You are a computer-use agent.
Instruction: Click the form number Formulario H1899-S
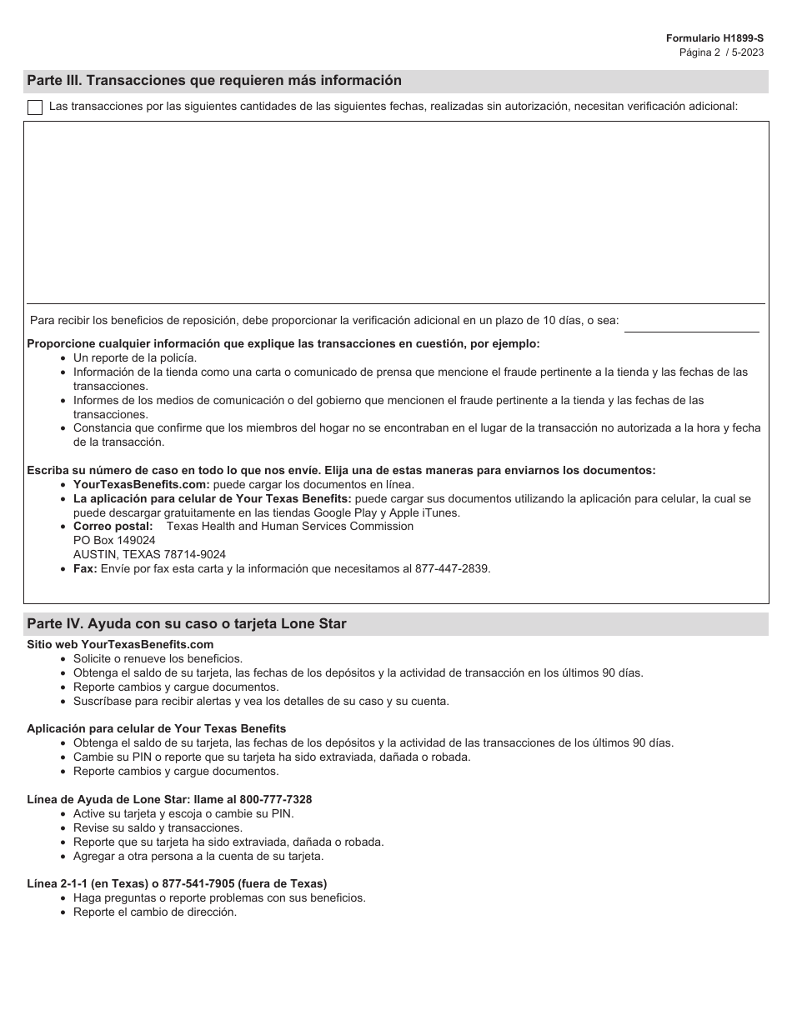point(714,38)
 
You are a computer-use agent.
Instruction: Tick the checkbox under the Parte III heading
point(35,107)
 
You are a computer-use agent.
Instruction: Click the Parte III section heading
point(214,81)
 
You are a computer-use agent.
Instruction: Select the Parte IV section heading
point(187,623)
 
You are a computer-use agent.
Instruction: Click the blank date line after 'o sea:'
point(691,324)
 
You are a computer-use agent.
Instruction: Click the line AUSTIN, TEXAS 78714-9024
point(149,554)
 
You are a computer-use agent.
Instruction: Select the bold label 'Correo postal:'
point(113,526)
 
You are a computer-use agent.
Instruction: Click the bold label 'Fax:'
point(85,568)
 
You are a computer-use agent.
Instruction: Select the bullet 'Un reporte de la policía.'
point(135,357)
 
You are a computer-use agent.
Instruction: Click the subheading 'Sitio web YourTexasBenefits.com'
point(120,644)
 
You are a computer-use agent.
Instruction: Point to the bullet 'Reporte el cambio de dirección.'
point(155,912)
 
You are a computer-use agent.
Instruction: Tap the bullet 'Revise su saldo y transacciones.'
point(158,827)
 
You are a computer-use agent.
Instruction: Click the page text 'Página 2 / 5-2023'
point(721,52)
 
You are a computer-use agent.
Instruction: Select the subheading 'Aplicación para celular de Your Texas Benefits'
point(157,728)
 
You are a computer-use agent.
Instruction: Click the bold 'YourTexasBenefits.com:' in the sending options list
point(142,484)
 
